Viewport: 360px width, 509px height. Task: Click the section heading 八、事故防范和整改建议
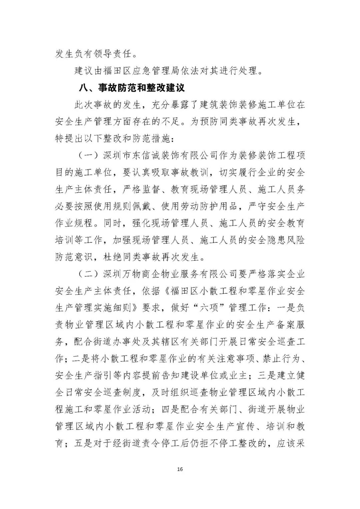[132, 88]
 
